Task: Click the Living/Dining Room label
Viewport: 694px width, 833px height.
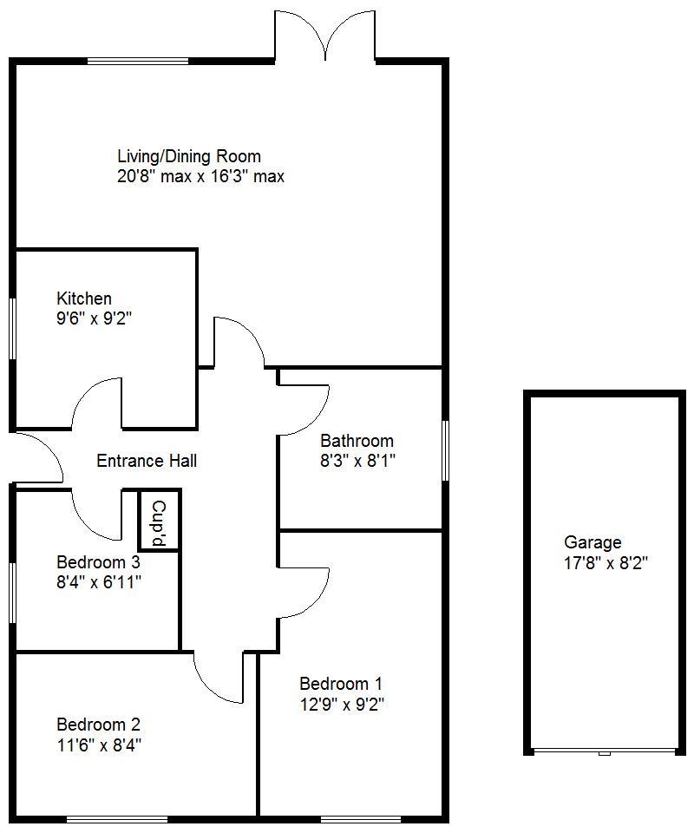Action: click(189, 156)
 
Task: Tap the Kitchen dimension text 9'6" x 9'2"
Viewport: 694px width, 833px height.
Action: click(94, 318)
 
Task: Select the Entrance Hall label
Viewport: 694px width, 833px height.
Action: click(146, 461)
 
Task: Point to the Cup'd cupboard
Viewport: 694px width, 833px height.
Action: click(159, 521)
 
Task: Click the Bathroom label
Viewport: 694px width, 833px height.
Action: click(357, 441)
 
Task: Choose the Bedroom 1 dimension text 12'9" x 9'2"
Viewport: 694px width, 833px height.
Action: click(341, 704)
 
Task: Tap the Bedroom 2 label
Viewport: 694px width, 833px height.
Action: click(98, 724)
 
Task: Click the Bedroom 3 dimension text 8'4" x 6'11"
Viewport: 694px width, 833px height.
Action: click(99, 581)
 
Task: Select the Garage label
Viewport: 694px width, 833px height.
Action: click(593, 542)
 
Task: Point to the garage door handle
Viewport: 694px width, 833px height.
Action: click(605, 753)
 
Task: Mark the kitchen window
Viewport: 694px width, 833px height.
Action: click(13, 328)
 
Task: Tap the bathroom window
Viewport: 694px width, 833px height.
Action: click(445, 450)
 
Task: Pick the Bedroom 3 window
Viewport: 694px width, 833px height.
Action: click(13, 592)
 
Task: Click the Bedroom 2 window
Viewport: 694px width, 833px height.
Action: click(117, 818)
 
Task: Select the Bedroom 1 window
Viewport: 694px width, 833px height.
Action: click(361, 818)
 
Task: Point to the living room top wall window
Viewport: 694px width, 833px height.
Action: click(138, 60)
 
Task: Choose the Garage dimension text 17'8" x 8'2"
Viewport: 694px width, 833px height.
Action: click(606, 562)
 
